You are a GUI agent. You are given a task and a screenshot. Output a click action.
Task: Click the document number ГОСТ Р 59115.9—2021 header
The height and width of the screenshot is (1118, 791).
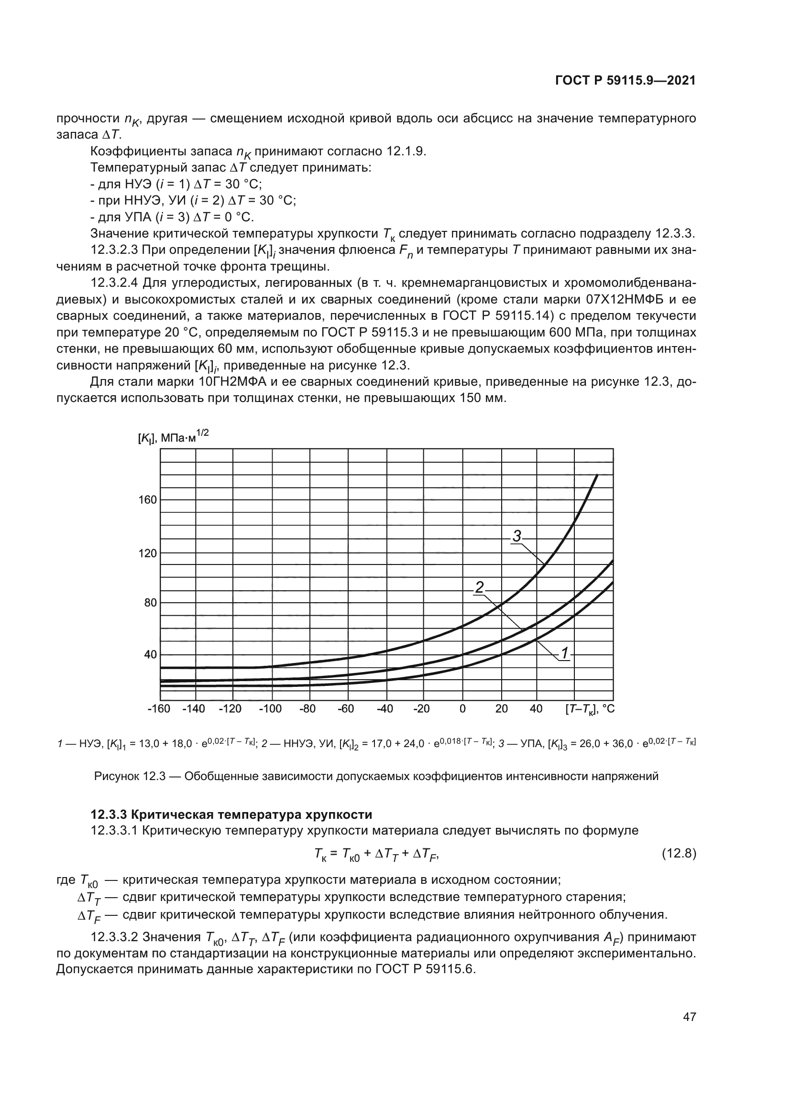click(625, 81)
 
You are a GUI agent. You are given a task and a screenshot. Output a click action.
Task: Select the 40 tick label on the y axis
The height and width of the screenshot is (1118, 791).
click(150, 654)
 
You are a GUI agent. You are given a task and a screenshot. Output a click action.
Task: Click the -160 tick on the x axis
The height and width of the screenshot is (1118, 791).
click(159, 709)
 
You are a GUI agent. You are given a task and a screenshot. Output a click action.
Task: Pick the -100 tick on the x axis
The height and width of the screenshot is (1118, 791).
click(270, 709)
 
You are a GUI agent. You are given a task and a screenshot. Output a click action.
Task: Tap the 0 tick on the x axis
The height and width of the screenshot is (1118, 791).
click(462, 709)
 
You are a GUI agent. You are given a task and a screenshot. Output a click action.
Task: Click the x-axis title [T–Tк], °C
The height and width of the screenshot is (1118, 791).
click(590, 709)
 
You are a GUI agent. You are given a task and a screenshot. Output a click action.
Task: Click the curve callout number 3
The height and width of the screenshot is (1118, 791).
click(517, 536)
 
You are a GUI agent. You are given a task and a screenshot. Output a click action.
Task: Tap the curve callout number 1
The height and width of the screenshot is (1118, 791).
click(564, 653)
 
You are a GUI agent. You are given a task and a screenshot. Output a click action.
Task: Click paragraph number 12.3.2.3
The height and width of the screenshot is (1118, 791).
click(115, 250)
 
